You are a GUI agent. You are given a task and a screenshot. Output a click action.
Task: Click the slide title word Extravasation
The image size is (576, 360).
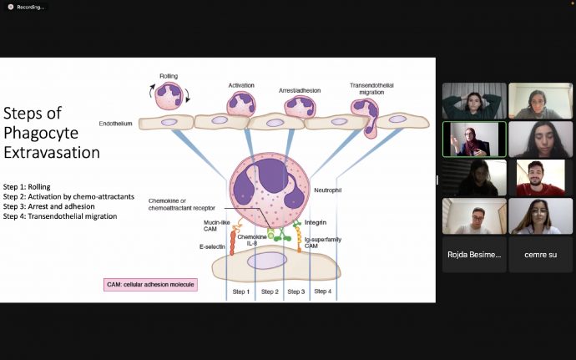tap(52, 153)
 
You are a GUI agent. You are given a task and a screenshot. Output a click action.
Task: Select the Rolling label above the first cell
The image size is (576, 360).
tap(169, 77)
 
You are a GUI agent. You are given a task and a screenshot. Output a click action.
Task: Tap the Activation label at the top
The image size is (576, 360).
tap(241, 85)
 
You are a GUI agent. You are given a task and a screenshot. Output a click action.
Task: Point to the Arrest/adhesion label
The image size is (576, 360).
tap(299, 89)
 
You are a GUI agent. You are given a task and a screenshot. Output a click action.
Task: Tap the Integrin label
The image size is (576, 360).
tap(316, 222)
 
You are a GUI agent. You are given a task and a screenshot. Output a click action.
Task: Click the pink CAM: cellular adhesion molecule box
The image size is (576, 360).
tap(150, 285)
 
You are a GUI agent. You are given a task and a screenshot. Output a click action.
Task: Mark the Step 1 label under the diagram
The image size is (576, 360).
tap(240, 292)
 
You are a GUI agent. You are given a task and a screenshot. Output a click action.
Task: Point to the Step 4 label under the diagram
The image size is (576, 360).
tap(323, 292)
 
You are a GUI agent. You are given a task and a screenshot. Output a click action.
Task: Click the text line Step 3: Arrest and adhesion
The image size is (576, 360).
tap(48, 206)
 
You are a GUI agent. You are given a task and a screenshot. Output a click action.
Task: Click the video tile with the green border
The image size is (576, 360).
tap(474, 139)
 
